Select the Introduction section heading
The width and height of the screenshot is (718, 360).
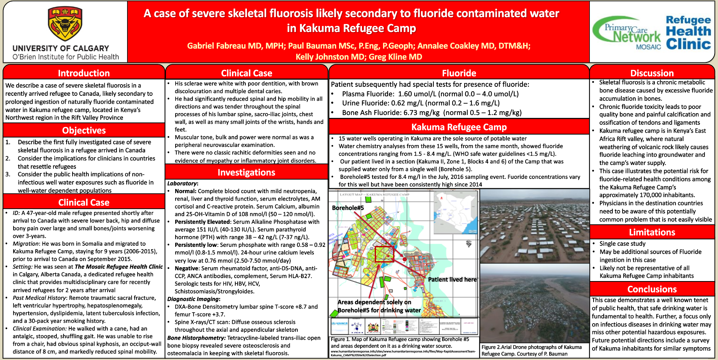pyautogui.click(x=84, y=73)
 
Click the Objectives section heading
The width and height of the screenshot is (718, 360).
pyautogui.click(x=84, y=130)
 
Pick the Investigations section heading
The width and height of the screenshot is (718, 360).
pyautogui.click(x=246, y=172)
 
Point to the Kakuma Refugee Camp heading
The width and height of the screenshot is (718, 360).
pyautogui.click(x=459, y=127)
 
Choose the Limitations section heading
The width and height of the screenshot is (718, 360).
pyautogui.click(x=652, y=232)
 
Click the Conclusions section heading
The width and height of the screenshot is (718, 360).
pyautogui.click(x=652, y=289)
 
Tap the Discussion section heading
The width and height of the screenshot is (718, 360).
pyautogui.click(x=652, y=73)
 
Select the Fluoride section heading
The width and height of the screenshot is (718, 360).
pyautogui.click(x=459, y=73)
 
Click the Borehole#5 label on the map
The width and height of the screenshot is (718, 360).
pyautogui.click(x=348, y=208)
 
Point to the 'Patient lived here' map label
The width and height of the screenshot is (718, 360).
pyautogui.click(x=452, y=280)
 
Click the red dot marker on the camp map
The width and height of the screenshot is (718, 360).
pyautogui.click(x=404, y=259)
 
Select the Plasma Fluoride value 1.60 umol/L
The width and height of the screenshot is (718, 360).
pyautogui.click(x=417, y=94)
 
